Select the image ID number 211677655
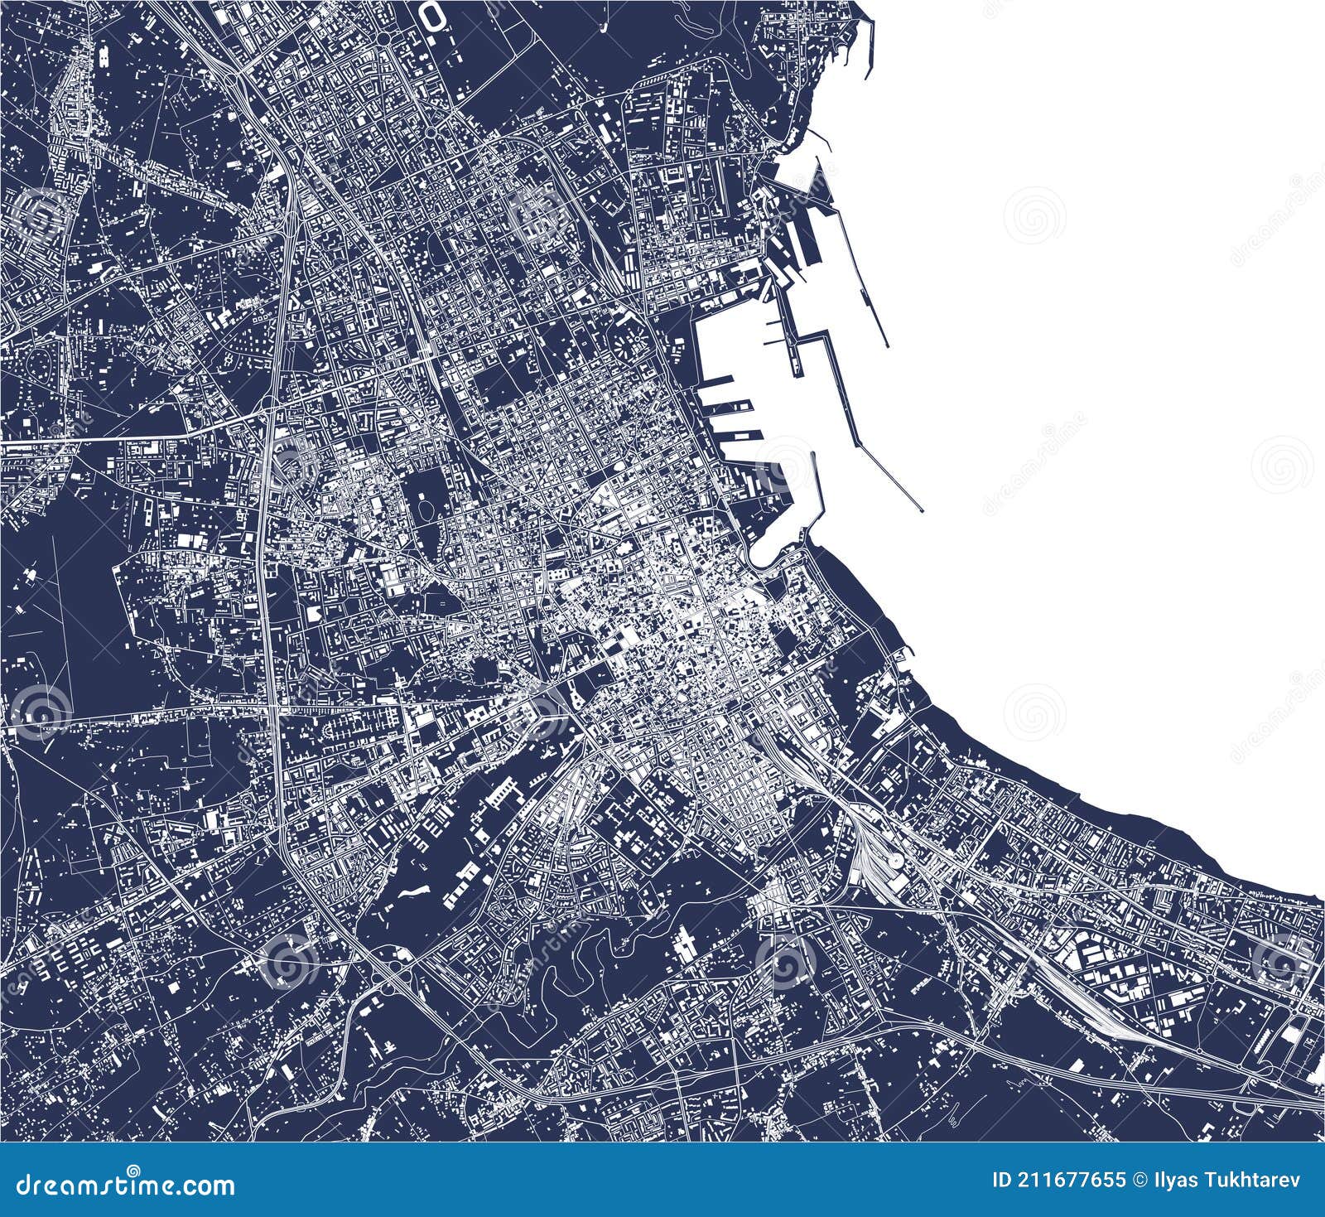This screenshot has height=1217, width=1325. coord(1085,1180)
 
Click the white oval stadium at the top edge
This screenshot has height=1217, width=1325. coord(431,12)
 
